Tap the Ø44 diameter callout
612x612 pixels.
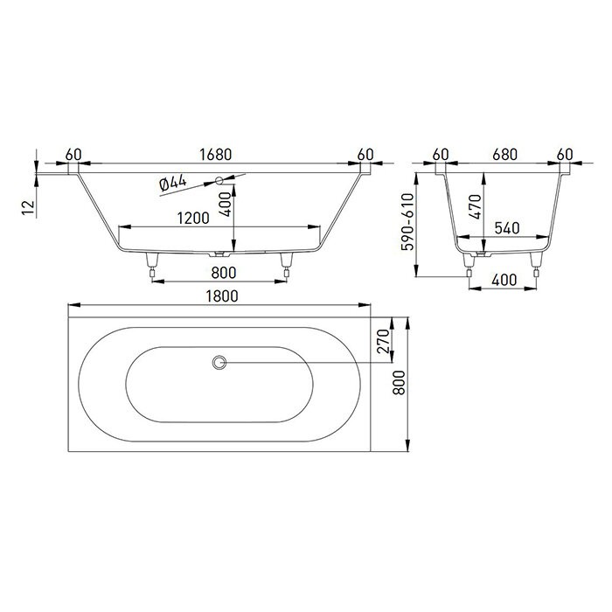pos(174,184)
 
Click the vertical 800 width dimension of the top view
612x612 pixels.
pos(401,392)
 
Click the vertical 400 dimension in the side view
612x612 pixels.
pos(226,206)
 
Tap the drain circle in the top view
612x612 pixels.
pos(219,362)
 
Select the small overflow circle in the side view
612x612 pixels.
pos(218,181)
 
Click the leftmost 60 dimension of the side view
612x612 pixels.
pos(73,155)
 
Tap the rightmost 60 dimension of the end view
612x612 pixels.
pos(564,155)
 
